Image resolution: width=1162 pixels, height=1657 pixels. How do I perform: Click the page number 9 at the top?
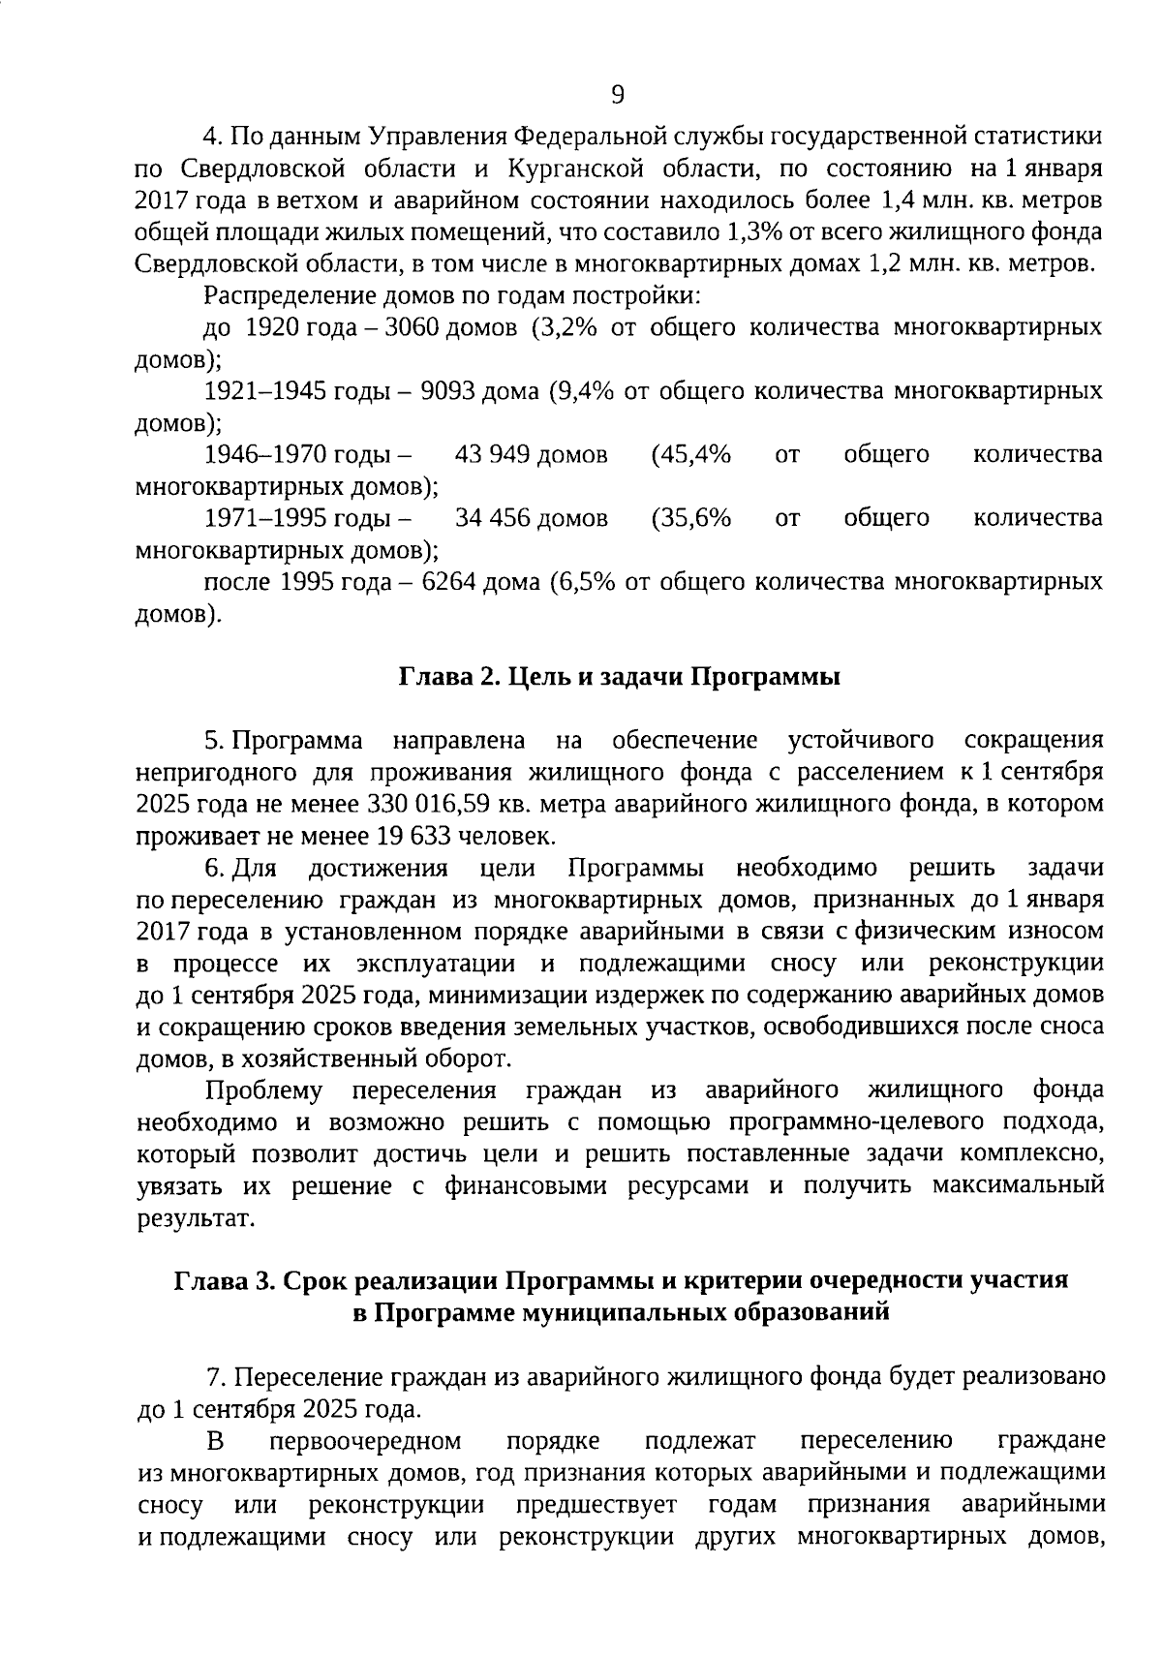pos(619,95)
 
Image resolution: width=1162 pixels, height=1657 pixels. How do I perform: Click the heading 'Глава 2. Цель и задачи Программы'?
pos(620,677)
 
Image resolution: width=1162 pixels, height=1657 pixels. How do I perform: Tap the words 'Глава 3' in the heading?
pos(224,1279)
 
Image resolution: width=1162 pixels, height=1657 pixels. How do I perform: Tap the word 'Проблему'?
pos(263,1090)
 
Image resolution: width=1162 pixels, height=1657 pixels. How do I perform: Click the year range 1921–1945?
pos(265,391)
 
